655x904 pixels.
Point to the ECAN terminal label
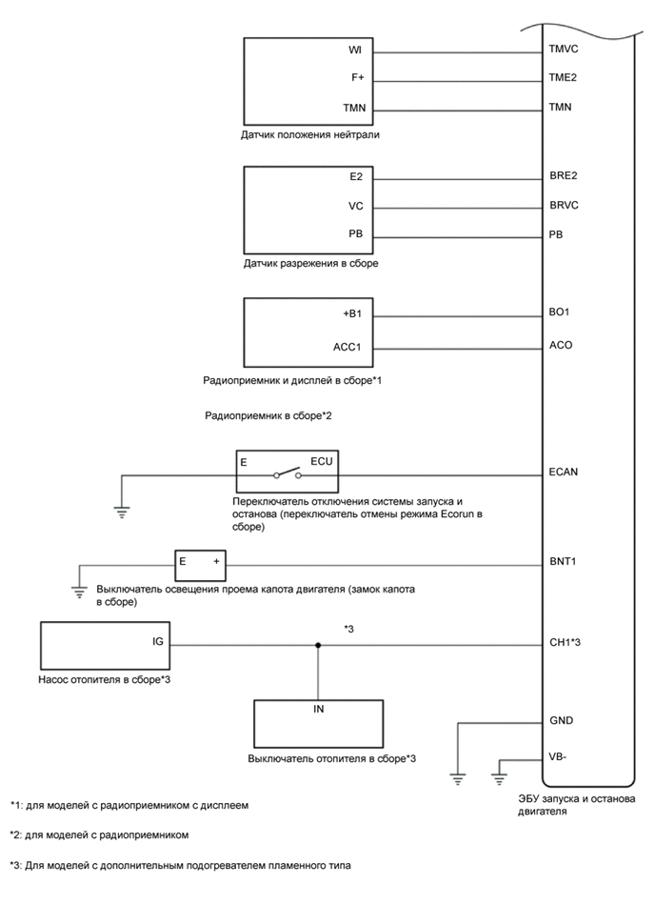click(x=563, y=472)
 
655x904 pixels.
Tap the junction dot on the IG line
click(x=318, y=645)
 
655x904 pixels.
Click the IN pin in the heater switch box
click(x=318, y=710)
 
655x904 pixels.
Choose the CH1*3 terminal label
click(x=566, y=643)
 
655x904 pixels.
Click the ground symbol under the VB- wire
click(x=498, y=776)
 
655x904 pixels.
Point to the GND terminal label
click(x=561, y=721)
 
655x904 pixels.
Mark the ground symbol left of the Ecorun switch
click(x=121, y=511)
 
